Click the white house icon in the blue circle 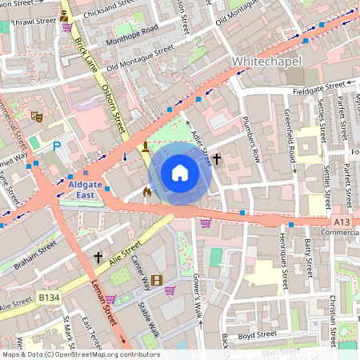pos(180,173)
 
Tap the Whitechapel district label pos(263,62)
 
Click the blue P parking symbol pos(56,147)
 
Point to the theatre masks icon pos(36,116)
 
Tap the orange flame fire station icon pos(146,192)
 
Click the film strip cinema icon pos(156,280)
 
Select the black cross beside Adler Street pos(216,160)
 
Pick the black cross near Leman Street pos(98,258)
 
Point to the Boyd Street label pos(258,333)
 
